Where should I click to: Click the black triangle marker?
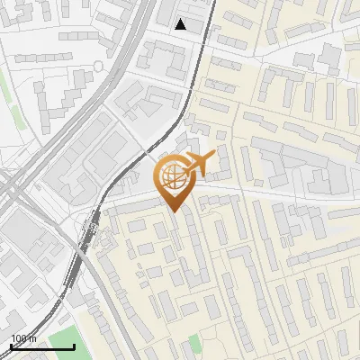click(181, 24)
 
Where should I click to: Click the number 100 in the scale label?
click(19, 338)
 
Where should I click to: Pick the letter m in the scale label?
click(33, 338)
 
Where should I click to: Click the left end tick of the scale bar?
click(11, 345)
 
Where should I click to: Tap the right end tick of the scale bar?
click(74, 345)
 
